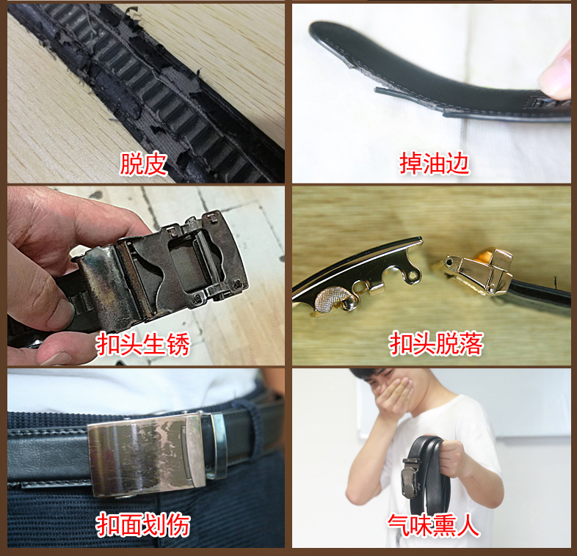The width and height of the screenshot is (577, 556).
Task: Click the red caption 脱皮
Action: point(143,164)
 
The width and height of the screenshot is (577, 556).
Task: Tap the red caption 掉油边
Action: point(435,164)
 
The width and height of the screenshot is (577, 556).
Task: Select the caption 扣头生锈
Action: point(143,344)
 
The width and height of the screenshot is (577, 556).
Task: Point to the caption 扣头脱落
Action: point(436,343)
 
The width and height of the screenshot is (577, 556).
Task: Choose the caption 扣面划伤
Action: point(143,524)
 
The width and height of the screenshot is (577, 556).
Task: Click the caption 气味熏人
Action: point(434,525)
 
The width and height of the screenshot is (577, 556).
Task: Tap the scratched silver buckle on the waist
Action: point(147,455)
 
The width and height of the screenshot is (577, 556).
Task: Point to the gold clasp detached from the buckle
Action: point(475,271)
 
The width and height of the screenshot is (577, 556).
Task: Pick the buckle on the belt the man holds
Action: point(410,478)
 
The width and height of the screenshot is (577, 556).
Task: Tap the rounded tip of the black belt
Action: point(319,32)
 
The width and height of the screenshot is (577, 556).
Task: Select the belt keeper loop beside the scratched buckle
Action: point(219,446)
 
